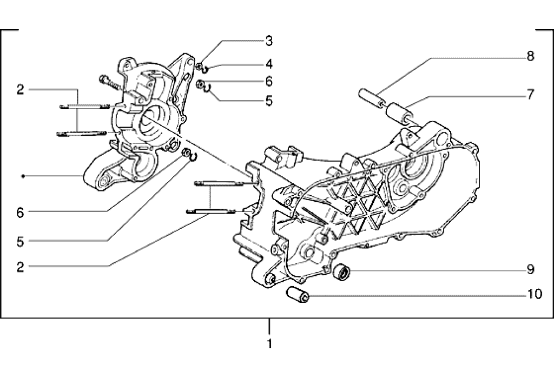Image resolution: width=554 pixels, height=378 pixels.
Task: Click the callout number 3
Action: pos(268,41)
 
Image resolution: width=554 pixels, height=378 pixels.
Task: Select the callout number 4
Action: pos(268,64)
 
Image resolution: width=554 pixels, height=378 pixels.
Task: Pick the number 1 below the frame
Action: pos(269,343)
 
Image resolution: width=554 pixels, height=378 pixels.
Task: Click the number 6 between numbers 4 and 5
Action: pos(268,82)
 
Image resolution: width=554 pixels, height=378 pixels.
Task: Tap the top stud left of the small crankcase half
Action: pos(84,106)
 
